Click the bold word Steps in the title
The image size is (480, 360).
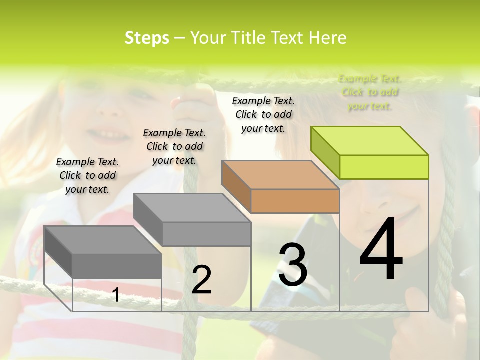click(147, 38)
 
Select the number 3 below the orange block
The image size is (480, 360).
click(293, 265)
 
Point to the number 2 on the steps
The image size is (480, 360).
click(201, 280)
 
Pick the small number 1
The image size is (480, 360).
click(116, 295)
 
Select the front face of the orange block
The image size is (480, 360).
click(295, 201)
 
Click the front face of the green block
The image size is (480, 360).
click(384, 167)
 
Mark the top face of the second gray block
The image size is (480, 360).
click(192, 207)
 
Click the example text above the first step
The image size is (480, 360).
click(87, 175)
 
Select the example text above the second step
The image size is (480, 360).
click(174, 146)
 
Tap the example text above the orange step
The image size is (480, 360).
click(263, 114)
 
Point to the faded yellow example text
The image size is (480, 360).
click(370, 92)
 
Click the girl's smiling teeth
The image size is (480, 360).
click(107, 134)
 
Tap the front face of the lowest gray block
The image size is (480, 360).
click(117, 266)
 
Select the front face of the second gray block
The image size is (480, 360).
click(206, 234)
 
